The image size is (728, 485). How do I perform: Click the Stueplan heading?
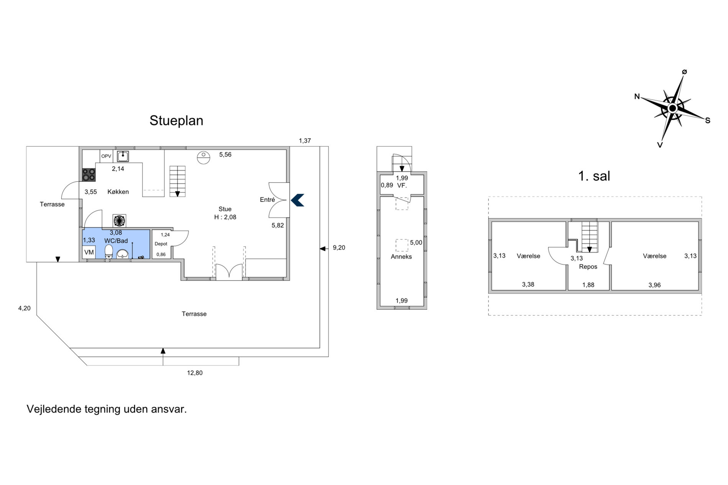click(x=176, y=121)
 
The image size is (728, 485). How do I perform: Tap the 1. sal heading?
click(x=594, y=176)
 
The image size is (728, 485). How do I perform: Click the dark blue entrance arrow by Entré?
click(x=297, y=200)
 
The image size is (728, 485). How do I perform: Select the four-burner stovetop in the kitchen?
click(x=89, y=175)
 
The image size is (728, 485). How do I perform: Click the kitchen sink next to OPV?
click(x=123, y=156)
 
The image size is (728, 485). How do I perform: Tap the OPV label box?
click(x=106, y=156)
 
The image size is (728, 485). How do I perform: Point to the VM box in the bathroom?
click(x=89, y=252)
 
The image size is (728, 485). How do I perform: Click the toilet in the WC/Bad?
click(x=109, y=251)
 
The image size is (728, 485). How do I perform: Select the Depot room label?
click(x=161, y=244)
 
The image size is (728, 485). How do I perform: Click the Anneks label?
click(x=401, y=257)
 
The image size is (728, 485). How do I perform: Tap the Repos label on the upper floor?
click(x=588, y=267)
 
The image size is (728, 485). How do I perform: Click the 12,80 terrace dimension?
click(x=195, y=373)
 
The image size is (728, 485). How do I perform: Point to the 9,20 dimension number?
click(x=339, y=248)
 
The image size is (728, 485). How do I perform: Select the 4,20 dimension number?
click(x=25, y=308)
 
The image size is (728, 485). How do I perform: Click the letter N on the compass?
click(x=637, y=96)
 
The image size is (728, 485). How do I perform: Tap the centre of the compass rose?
click(x=672, y=108)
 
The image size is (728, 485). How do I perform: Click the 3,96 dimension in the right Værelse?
click(x=654, y=285)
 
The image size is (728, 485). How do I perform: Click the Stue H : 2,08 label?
click(x=225, y=213)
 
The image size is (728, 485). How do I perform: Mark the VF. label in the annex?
click(x=402, y=185)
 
